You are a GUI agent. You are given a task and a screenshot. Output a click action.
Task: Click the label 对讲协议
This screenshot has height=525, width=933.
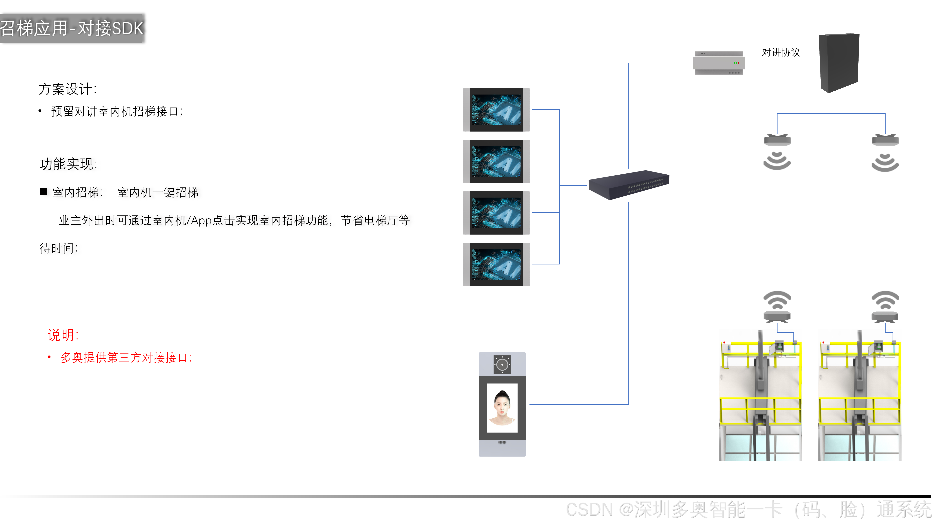pos(781,52)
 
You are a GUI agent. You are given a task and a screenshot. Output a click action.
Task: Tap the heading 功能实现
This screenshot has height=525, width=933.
pos(68,164)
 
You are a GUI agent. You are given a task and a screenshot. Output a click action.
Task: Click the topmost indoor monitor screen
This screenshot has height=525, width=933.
pos(496,110)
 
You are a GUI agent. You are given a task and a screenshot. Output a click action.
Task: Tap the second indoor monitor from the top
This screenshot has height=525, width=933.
pos(496,161)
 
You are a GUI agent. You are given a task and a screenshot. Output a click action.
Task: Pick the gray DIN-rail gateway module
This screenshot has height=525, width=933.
pos(719,63)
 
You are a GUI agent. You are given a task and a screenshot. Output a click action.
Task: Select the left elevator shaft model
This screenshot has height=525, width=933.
pos(760,399)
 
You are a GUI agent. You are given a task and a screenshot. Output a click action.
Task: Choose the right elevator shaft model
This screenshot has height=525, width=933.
pos(860,399)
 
